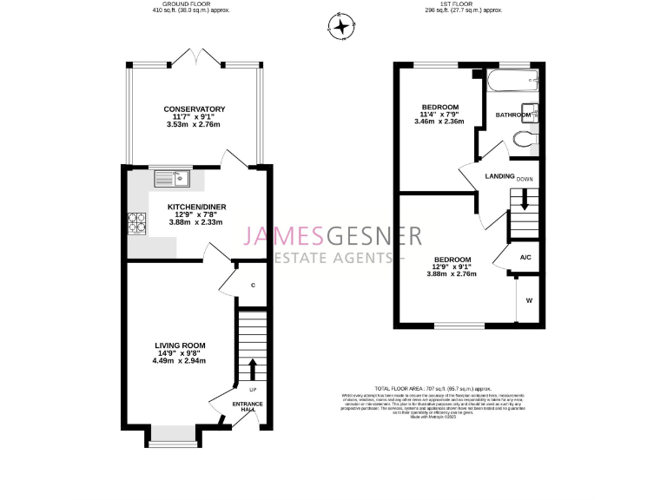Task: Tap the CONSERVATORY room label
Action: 195,109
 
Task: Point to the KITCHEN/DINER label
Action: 195,207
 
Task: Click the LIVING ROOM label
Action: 180,345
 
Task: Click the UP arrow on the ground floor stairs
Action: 252,369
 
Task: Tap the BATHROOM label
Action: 512,115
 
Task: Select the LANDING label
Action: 499,177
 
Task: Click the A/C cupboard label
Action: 525,258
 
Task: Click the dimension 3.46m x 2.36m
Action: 439,122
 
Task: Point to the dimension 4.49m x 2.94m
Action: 180,361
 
